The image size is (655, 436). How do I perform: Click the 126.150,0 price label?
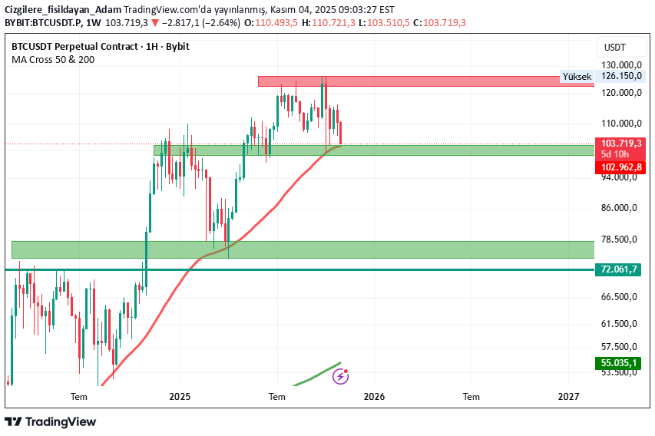tap(620, 76)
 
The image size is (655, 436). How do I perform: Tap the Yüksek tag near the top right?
tap(577, 77)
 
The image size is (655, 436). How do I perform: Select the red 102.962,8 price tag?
tap(621, 167)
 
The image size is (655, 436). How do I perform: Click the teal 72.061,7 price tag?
tap(620, 269)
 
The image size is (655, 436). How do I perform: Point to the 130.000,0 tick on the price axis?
tap(620, 65)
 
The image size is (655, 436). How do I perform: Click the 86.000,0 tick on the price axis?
tap(620, 208)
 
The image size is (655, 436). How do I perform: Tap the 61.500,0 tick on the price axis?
tap(620, 324)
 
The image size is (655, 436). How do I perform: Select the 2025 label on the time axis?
tap(180, 397)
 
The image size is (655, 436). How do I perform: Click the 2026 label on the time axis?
tap(374, 397)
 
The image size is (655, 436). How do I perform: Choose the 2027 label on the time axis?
tap(568, 397)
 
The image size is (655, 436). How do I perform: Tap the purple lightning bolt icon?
tap(340, 376)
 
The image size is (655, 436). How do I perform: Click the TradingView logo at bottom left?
tap(51, 421)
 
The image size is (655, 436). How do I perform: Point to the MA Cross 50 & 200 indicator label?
tap(54, 59)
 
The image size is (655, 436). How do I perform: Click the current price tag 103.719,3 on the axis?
tap(621, 144)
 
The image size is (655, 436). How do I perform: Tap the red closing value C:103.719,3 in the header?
tap(439, 22)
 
